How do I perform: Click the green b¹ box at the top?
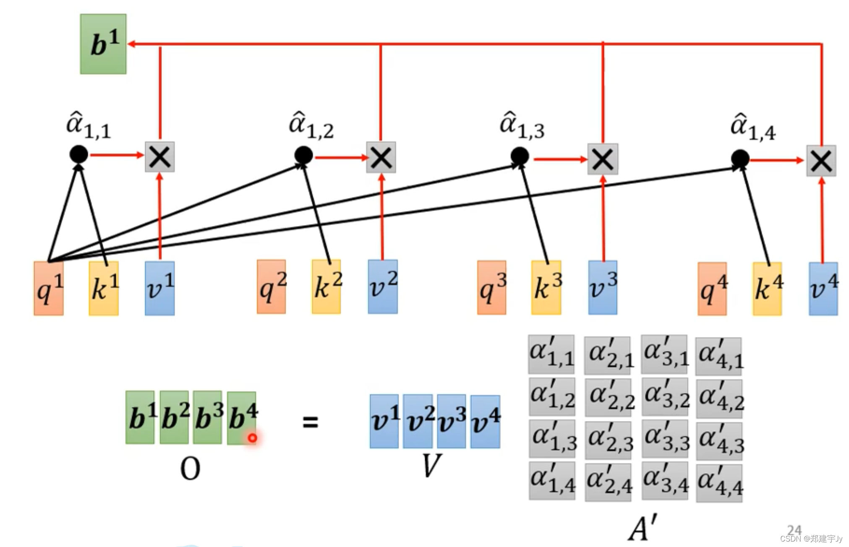pos(103,44)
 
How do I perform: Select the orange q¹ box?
pos(49,288)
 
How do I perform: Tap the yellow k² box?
pos(326,287)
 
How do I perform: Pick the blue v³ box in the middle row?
pos(603,288)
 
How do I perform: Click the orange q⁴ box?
pos(712,289)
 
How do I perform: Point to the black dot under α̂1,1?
pos(78,154)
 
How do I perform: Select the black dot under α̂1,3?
pos(520,156)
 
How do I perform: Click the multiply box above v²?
pos(381,158)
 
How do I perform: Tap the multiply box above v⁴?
pos(821,161)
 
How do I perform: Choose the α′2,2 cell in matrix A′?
pos(608,397)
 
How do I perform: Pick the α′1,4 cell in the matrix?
pos(552,481)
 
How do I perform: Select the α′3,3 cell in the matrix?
pos(665,439)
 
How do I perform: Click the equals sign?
pos(311,422)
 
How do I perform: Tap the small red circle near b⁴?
pos(252,438)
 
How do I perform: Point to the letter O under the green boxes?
pos(190,469)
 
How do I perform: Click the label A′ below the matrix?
pos(642,527)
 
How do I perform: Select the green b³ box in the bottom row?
pos(208,417)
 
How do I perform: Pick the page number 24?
pos(794,530)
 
